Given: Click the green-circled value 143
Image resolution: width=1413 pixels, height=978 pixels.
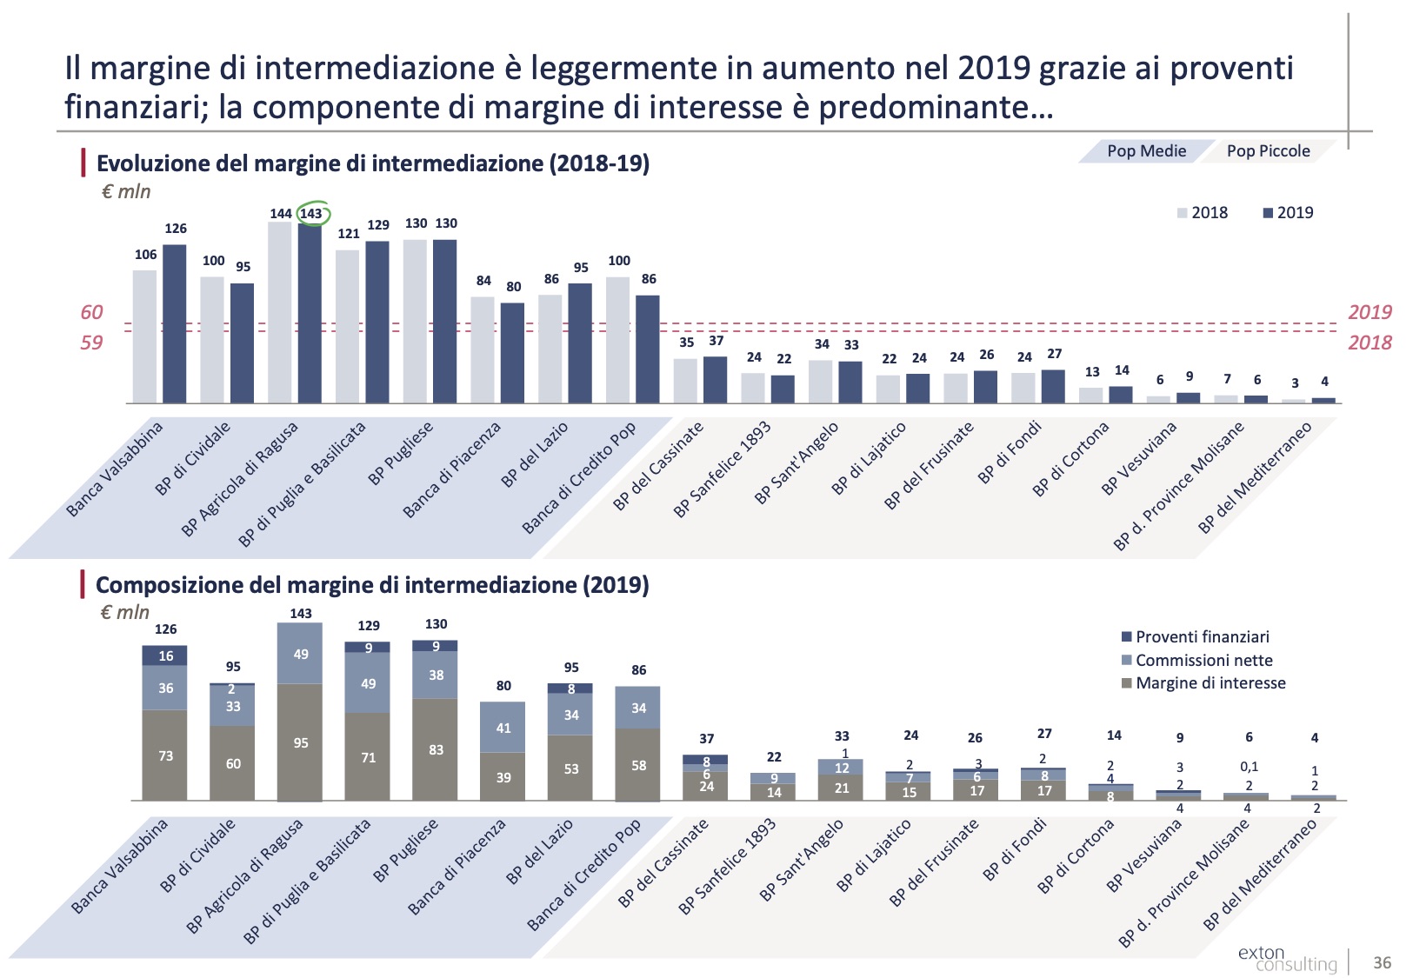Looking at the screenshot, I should [310, 213].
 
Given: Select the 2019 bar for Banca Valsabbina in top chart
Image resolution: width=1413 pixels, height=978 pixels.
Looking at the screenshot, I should [175, 323].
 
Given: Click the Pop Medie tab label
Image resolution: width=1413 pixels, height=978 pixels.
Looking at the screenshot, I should [1146, 151].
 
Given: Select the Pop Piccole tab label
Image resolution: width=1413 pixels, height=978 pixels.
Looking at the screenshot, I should [1268, 151].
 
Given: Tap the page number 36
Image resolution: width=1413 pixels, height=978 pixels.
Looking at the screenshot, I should [1382, 962].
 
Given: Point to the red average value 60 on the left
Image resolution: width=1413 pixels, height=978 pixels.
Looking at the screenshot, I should [91, 312].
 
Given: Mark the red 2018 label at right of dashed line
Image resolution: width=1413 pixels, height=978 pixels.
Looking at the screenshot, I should [1370, 343].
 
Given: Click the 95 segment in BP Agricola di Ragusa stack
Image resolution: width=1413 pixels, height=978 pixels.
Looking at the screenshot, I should [301, 742].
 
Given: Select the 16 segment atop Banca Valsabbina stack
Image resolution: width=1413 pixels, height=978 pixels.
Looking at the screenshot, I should [165, 656].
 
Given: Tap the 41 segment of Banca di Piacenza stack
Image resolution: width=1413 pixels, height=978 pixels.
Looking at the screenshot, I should [503, 728].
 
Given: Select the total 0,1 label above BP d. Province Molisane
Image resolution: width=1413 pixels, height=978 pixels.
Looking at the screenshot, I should [1249, 767].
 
